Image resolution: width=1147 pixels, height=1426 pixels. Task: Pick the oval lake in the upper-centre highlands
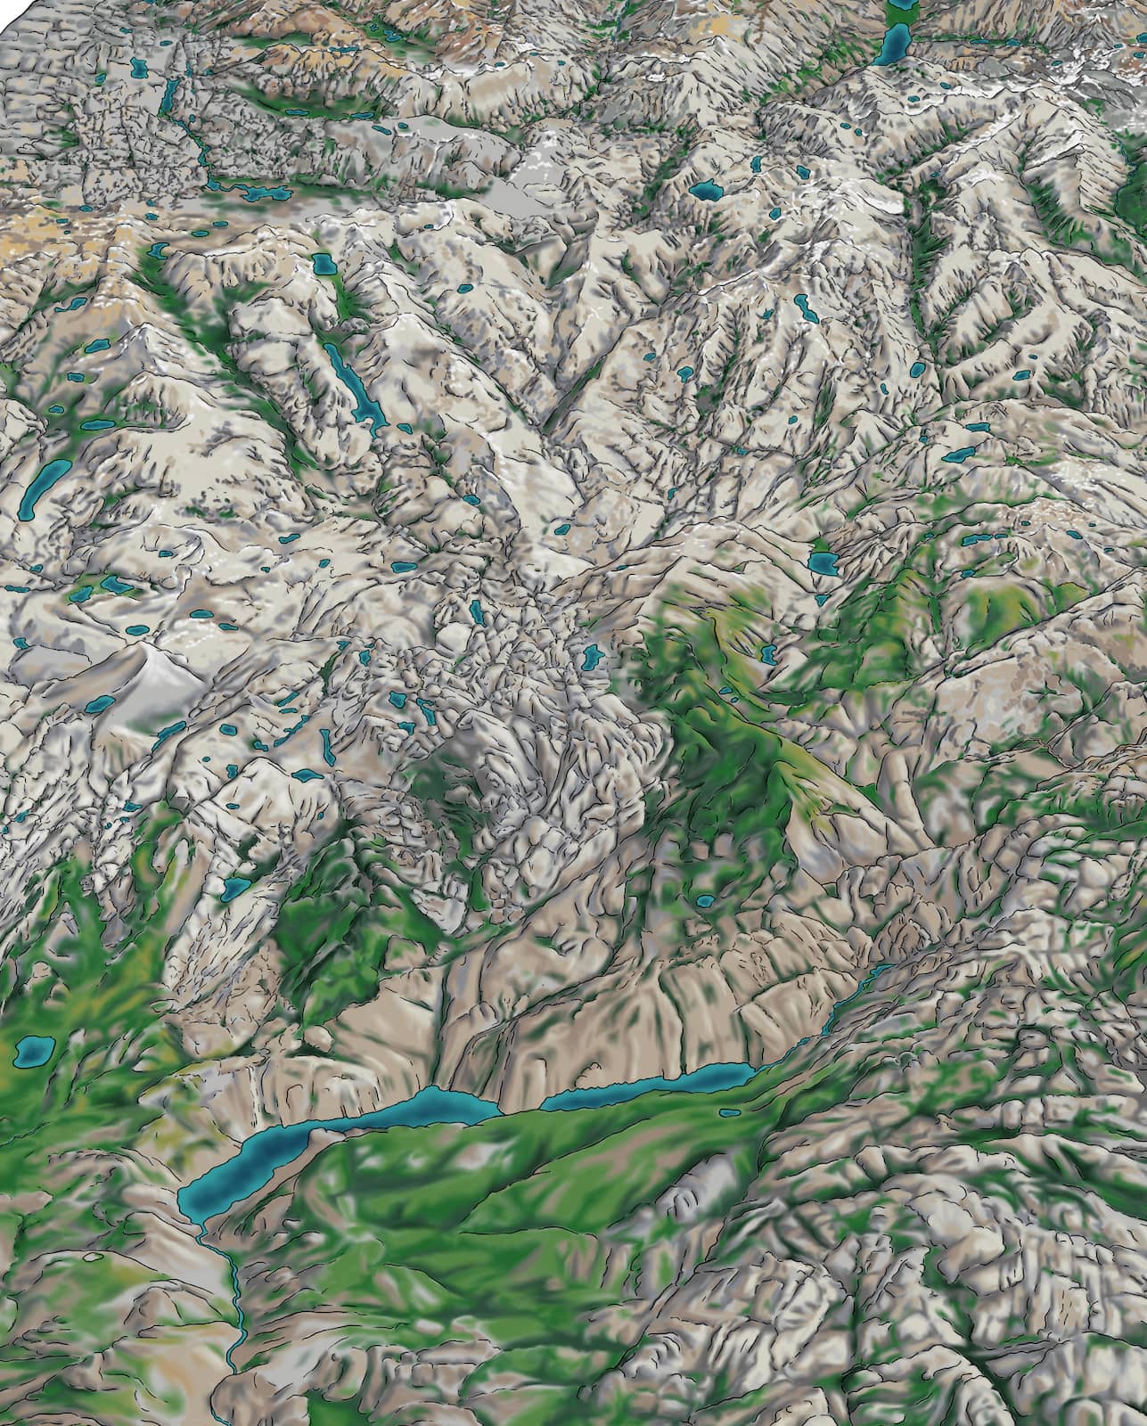709,190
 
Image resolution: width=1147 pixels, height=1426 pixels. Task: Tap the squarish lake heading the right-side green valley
822,563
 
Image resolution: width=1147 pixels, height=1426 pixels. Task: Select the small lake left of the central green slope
590,658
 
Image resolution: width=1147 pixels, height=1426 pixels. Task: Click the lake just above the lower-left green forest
236,887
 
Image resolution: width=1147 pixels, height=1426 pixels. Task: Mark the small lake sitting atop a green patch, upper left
323,264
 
